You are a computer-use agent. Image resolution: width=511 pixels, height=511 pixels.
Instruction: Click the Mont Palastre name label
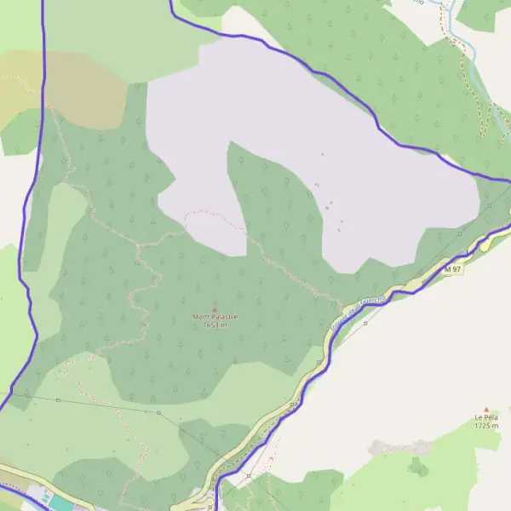(215, 317)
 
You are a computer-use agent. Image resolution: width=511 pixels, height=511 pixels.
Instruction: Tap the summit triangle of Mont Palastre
(215, 308)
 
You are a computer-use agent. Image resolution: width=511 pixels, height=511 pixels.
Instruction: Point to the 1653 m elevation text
(215, 324)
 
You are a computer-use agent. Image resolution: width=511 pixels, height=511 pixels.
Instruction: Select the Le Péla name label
(486, 417)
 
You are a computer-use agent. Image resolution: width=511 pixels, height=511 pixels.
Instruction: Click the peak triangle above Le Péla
(486, 409)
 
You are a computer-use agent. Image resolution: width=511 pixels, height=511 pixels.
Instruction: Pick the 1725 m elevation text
(486, 425)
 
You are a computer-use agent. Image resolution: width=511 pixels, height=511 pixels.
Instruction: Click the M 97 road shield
(453, 269)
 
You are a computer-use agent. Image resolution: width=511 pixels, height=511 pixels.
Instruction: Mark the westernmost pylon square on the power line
(58, 399)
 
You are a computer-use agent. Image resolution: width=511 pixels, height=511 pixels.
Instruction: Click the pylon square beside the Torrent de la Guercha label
(365, 323)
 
